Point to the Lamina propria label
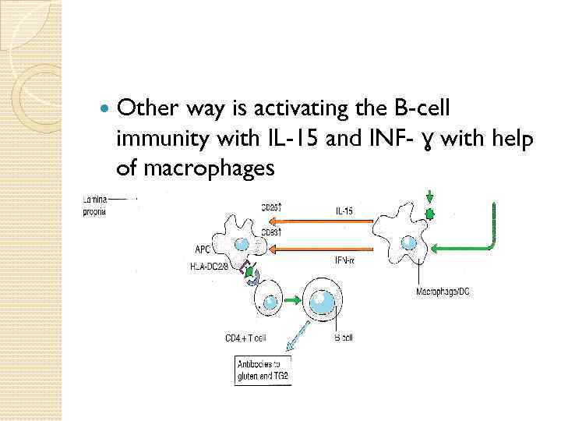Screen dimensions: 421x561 click(94, 207)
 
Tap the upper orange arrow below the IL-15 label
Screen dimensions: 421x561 click(319, 221)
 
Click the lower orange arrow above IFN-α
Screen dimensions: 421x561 click(319, 249)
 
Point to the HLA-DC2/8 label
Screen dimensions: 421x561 click(210, 266)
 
